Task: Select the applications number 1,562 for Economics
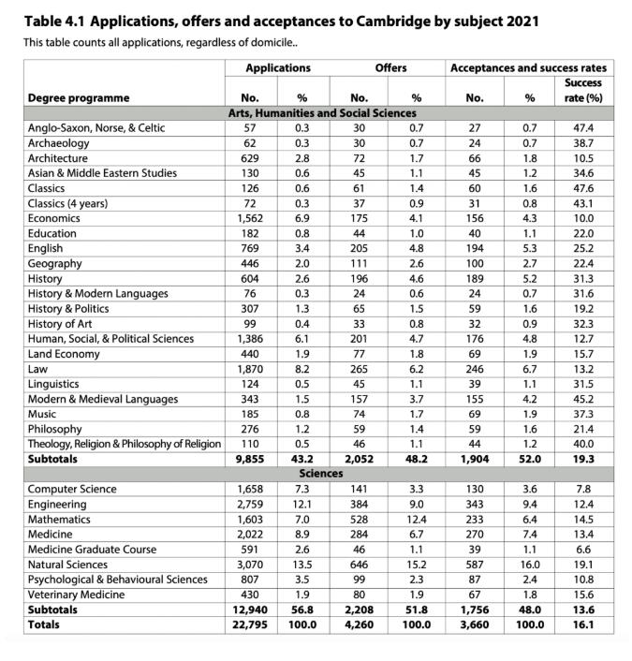[x=249, y=218]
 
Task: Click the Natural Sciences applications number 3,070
[x=249, y=565]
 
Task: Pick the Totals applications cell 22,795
[x=247, y=624]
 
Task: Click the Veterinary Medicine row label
[x=77, y=595]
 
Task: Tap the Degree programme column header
[x=79, y=97]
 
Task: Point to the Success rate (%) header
[x=582, y=90]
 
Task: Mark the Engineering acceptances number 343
[x=475, y=504]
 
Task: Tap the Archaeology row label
[x=58, y=143]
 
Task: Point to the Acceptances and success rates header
[x=528, y=68]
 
